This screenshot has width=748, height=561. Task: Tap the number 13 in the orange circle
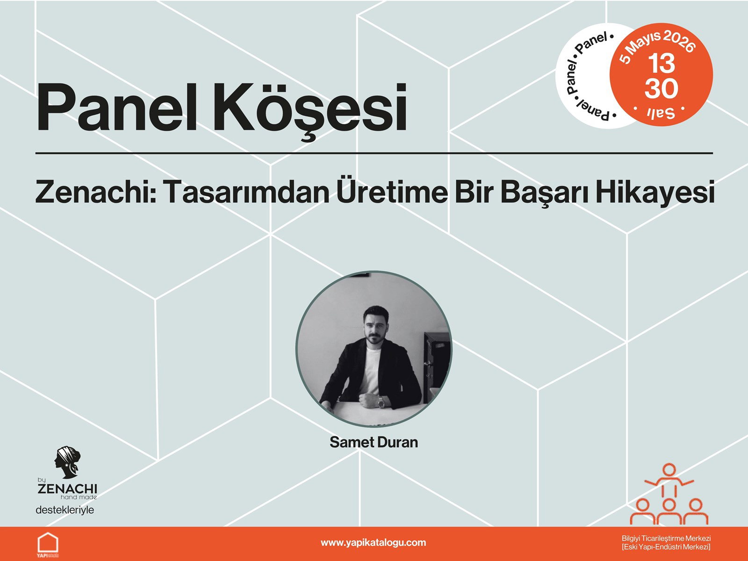click(661, 64)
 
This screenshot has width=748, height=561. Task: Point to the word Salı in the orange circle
click(660, 113)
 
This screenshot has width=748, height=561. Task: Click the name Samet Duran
click(374, 442)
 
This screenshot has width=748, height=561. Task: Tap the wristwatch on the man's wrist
click(381, 401)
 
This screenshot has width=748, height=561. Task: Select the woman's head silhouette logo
click(67, 462)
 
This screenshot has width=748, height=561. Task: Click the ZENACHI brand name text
click(67, 489)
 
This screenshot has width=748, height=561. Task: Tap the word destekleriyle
click(65, 510)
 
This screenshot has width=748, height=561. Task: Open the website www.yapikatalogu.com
click(373, 543)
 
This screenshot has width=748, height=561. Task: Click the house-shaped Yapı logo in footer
click(48, 544)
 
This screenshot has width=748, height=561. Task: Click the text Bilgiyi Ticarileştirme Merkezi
click(666, 539)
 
